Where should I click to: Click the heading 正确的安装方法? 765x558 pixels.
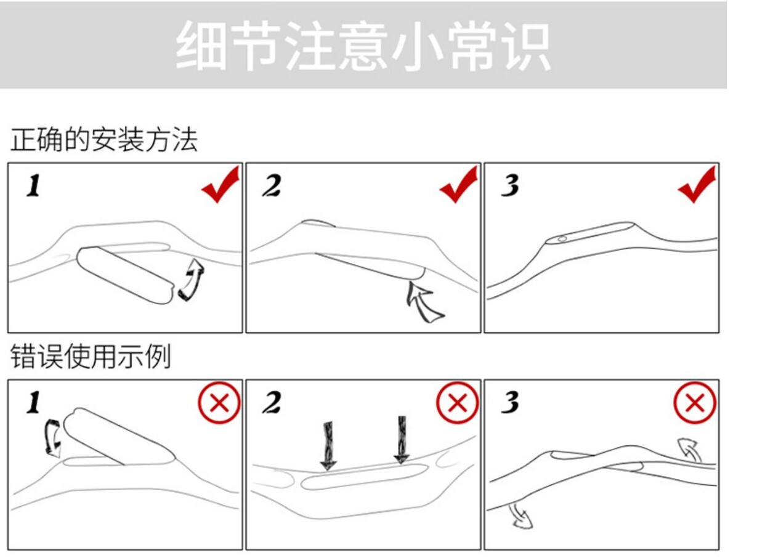pos(103,140)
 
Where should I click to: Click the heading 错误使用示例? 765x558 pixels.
pos(91,357)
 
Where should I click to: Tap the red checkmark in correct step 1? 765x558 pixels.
pos(220,184)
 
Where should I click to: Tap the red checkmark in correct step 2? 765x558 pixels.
pos(458,184)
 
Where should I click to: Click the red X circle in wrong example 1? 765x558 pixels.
pos(219,403)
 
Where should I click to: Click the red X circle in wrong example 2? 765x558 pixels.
pos(457,403)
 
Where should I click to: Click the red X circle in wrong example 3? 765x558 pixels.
pos(695,403)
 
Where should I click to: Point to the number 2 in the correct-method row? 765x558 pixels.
pos(272,185)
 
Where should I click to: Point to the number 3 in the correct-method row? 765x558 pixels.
pos(510,185)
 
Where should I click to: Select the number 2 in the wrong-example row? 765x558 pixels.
pos(272,403)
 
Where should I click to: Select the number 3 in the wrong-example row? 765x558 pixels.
pos(510,403)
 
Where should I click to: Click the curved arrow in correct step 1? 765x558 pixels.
pos(192,280)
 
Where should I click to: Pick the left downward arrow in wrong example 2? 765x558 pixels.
pos(328,445)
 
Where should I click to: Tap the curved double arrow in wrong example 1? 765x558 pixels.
pos(53,438)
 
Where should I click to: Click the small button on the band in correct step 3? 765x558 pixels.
pos(562,238)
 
